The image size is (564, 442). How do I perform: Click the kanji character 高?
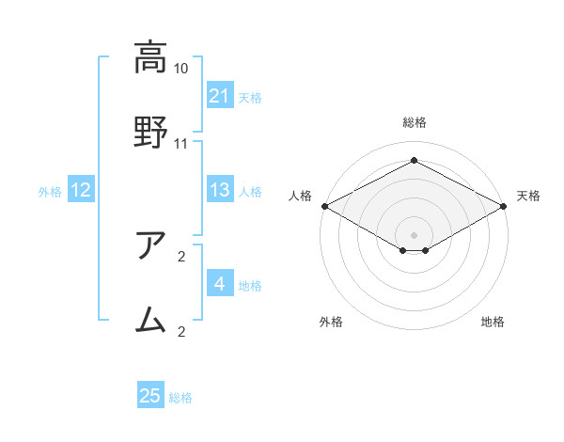(x=149, y=58)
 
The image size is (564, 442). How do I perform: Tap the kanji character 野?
(x=149, y=129)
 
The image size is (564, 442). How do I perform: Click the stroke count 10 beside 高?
(x=181, y=69)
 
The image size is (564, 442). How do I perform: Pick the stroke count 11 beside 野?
(x=181, y=144)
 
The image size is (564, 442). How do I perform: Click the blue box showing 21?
(x=219, y=96)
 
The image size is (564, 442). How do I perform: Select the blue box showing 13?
(x=219, y=191)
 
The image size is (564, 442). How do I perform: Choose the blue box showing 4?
(x=219, y=284)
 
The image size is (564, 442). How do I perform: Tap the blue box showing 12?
(x=80, y=191)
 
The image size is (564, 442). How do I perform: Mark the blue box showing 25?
(x=150, y=397)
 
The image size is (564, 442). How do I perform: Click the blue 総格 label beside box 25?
(x=180, y=398)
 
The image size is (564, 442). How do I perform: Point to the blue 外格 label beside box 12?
(x=50, y=192)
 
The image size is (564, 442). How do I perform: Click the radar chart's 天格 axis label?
(x=528, y=196)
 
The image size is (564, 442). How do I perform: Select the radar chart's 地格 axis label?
(x=493, y=323)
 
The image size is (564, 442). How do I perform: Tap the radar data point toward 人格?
(x=324, y=206)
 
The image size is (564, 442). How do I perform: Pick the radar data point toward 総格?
(x=414, y=161)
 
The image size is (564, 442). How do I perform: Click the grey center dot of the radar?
(x=414, y=234)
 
